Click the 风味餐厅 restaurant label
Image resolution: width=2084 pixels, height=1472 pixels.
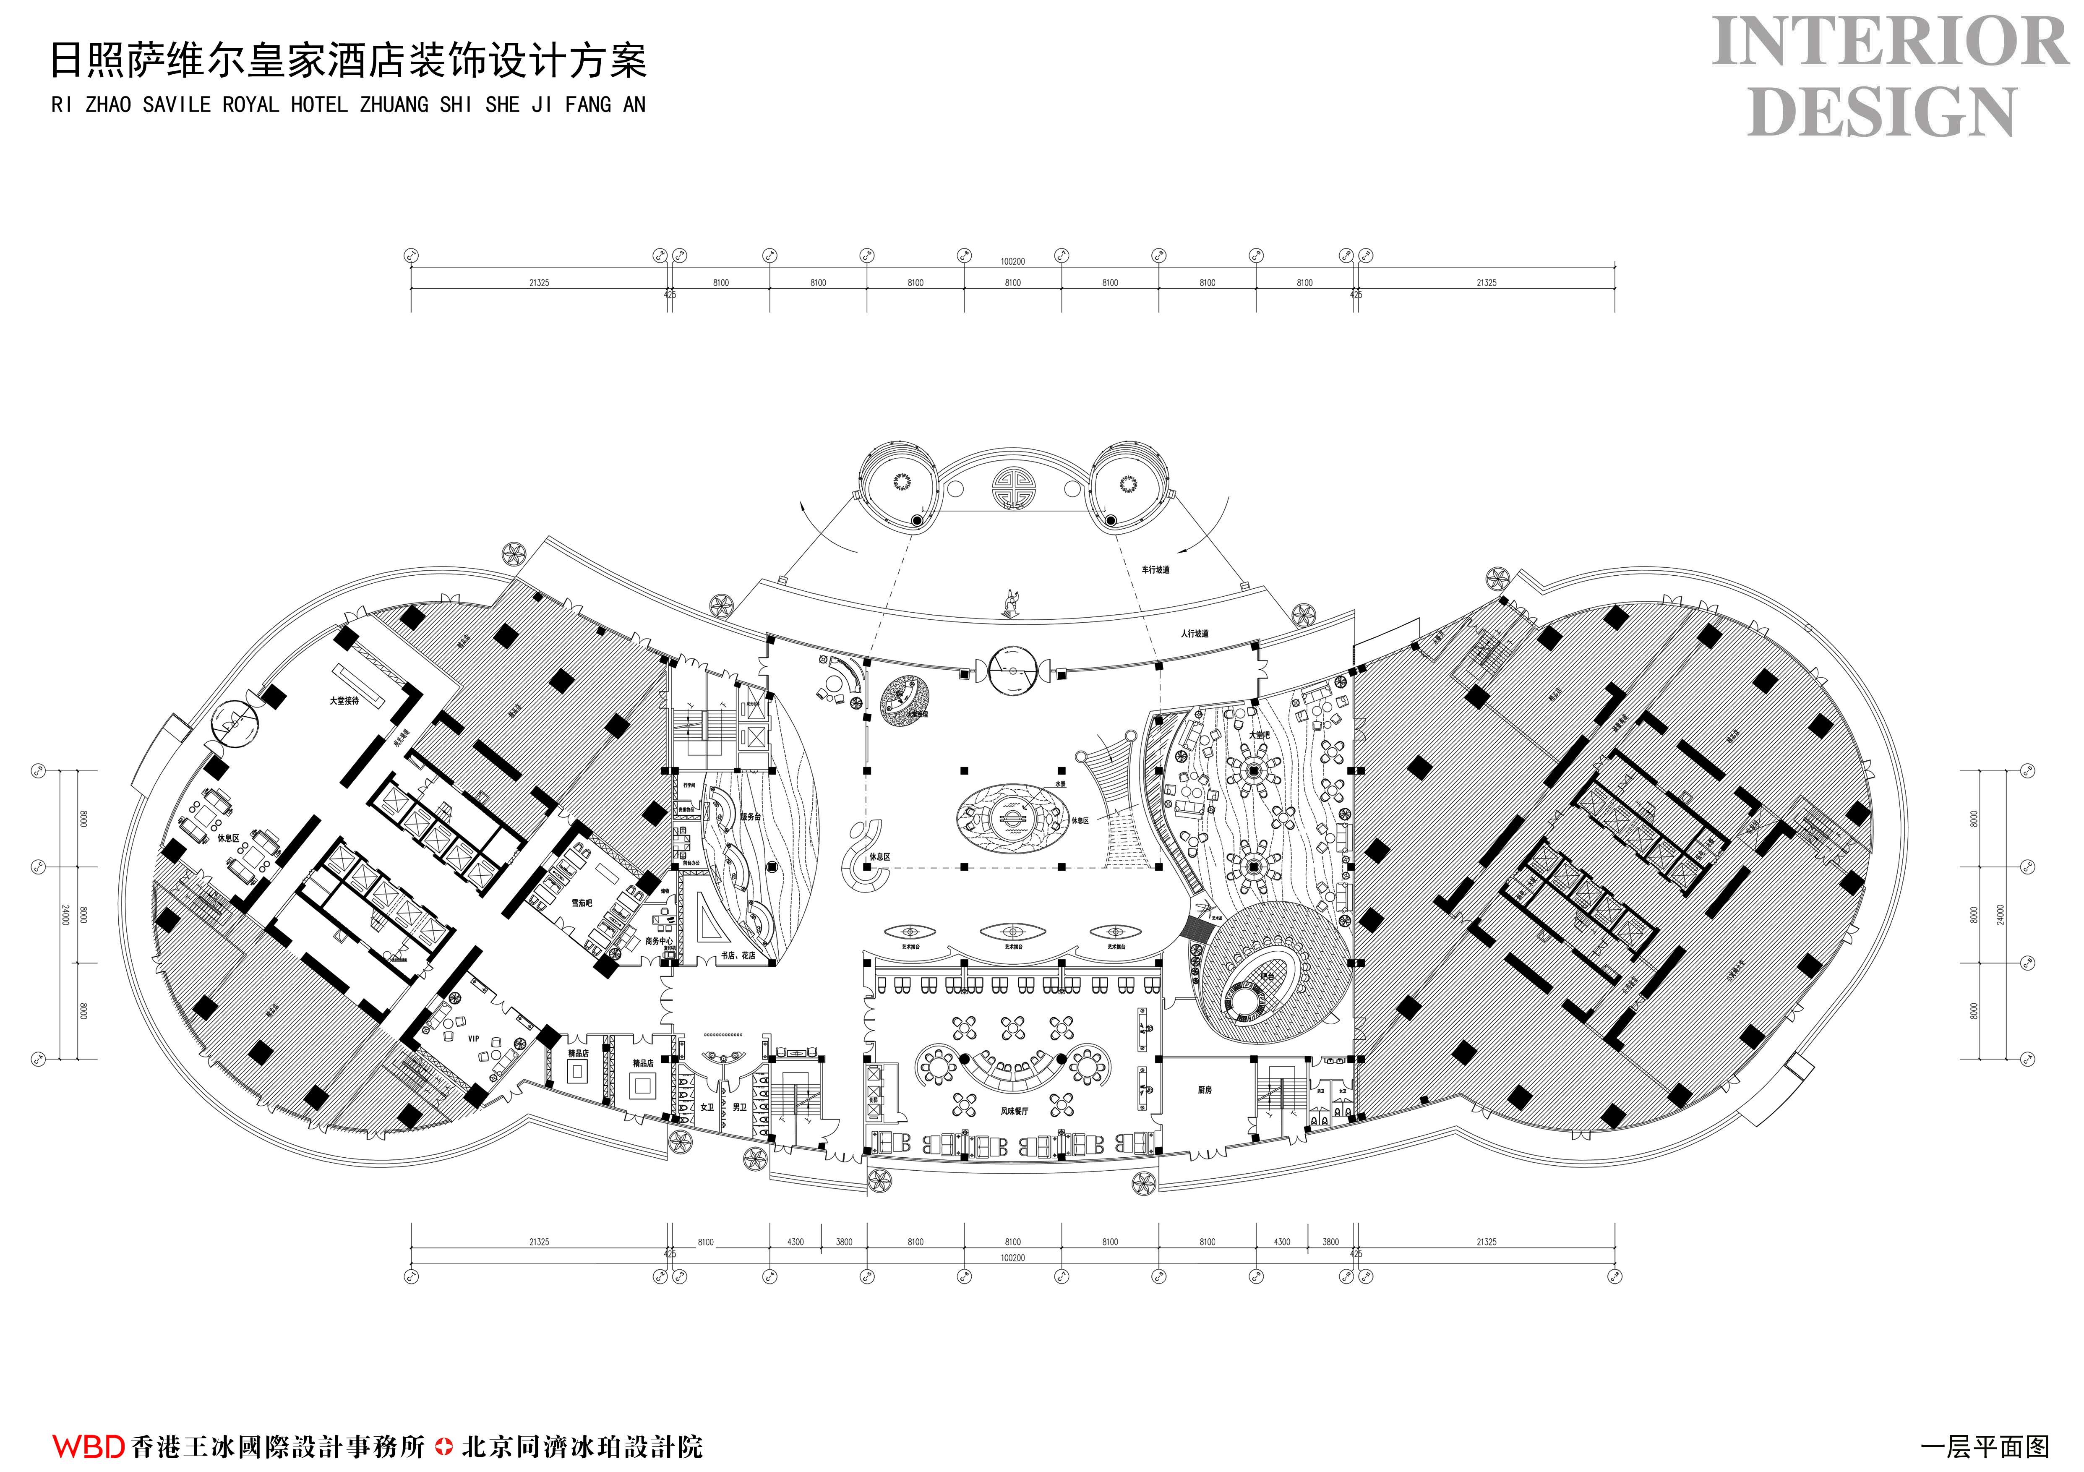point(1014,1111)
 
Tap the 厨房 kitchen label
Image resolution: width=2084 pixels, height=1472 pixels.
point(1205,1090)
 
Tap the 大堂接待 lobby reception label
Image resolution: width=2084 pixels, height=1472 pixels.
point(344,701)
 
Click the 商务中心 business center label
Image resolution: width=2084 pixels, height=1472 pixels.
point(659,941)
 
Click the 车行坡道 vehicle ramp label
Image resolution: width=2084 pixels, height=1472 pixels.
point(1155,570)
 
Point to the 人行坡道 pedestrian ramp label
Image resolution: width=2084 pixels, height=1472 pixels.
point(1195,634)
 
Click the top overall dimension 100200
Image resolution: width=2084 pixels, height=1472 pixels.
point(1012,261)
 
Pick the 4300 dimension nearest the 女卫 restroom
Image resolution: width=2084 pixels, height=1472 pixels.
point(795,1242)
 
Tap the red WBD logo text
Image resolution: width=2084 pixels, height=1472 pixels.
point(88,1446)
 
